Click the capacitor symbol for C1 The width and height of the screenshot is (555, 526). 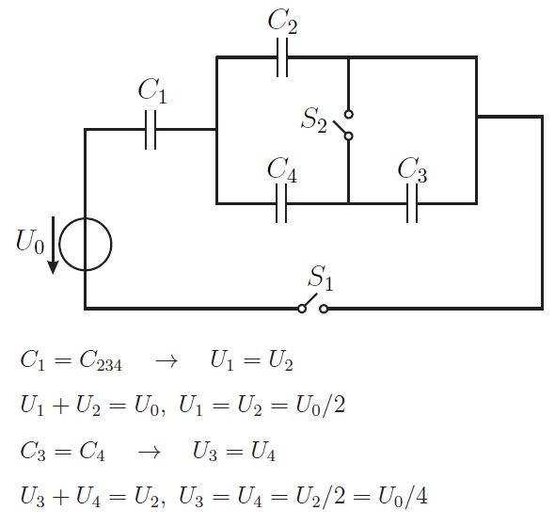tap(151, 130)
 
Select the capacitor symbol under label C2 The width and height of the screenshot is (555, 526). tap(282, 57)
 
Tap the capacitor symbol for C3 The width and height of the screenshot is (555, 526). tap(412, 203)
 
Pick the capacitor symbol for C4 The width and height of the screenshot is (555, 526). tap(281, 203)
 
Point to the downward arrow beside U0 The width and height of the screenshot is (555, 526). tap(53, 245)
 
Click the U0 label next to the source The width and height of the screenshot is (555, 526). tap(30, 242)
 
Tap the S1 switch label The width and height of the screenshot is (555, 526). tap(321, 279)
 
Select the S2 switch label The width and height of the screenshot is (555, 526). tap(313, 120)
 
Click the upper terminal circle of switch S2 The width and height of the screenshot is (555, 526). tap(349, 115)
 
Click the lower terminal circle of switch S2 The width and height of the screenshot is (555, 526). tap(349, 136)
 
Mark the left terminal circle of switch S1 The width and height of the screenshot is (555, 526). tap(302, 309)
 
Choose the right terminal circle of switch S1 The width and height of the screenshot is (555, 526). tap(324, 309)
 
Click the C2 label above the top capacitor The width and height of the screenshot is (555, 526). tap(282, 22)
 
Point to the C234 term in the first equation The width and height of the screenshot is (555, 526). tap(101, 360)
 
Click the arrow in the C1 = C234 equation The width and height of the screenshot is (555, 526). tap(166, 361)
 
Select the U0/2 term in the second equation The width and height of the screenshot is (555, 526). tap(321, 406)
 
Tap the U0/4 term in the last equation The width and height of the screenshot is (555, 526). tap(403, 496)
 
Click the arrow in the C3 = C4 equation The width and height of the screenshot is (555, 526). tap(149, 452)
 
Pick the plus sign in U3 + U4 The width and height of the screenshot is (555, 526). tap(60, 496)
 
